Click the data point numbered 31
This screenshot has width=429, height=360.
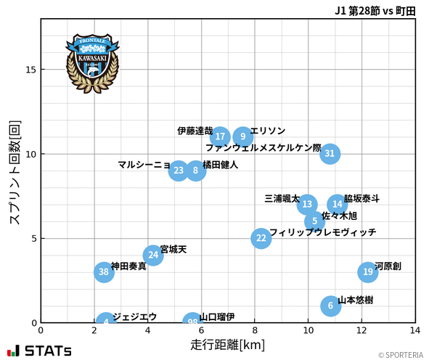330,154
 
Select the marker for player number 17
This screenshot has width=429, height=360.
220,136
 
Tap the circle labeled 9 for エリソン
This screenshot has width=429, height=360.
243,136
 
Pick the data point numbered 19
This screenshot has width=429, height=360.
368,272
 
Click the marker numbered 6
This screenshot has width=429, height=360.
330,306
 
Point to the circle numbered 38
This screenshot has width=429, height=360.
105,272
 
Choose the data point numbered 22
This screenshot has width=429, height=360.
261,238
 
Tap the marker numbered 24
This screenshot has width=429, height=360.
152,255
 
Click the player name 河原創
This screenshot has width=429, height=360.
388,266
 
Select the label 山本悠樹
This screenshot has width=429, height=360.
356,300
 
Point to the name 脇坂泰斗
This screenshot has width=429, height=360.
362,198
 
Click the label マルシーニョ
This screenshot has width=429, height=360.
144,165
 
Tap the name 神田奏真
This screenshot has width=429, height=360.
128,266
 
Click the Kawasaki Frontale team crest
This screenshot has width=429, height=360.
92,62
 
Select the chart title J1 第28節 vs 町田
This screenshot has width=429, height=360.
375,10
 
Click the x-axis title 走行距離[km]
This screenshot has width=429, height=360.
228,343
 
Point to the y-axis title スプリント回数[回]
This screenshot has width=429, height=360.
15,173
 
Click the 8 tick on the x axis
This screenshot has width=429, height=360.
256,330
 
